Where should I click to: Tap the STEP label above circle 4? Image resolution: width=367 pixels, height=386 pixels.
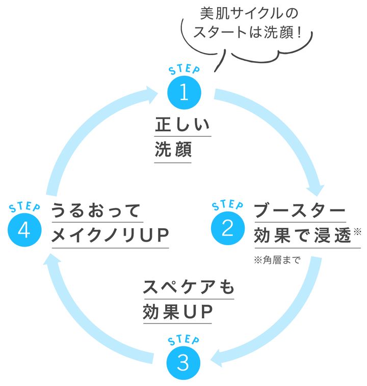[x=24, y=207]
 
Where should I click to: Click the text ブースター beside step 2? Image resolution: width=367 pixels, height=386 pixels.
[x=300, y=210]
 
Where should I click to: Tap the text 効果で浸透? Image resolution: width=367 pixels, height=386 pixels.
[x=303, y=235]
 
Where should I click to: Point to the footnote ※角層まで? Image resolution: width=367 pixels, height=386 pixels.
[x=277, y=260]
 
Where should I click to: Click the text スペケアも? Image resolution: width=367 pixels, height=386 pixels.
[x=188, y=287]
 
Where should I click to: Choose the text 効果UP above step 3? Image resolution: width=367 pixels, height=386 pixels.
[x=177, y=312]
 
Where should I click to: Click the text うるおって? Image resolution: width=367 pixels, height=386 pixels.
[x=95, y=210]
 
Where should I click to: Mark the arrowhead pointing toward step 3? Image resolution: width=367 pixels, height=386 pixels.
[x=218, y=356]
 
